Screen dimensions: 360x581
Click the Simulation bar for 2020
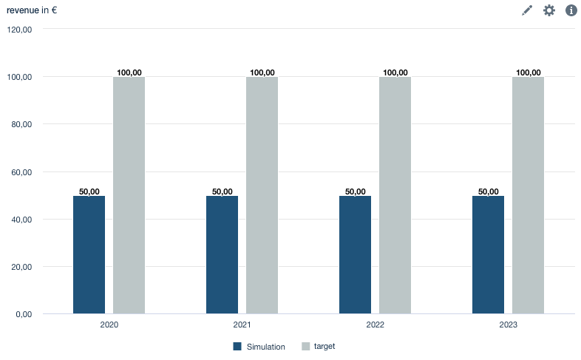click(x=89, y=255)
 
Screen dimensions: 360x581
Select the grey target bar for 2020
click(x=129, y=196)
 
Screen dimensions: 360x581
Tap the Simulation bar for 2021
click(x=222, y=255)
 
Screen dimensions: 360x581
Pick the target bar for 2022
click(x=395, y=196)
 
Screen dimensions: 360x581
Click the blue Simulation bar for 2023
click(x=488, y=255)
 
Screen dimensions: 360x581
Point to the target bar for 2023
click(x=528, y=196)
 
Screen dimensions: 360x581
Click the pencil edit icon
click(x=527, y=10)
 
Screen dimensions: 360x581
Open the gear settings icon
click(x=549, y=10)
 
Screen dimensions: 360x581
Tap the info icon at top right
click(x=571, y=10)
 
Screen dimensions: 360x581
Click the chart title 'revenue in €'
click(x=32, y=10)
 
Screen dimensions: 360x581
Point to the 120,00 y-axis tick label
click(x=19, y=30)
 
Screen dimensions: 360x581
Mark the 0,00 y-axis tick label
click(x=24, y=314)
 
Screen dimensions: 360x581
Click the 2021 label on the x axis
click(x=242, y=325)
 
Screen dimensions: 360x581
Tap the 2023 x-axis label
click(x=508, y=325)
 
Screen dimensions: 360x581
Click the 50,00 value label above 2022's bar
click(x=355, y=191)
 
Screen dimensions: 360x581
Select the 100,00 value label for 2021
click(x=262, y=72)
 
